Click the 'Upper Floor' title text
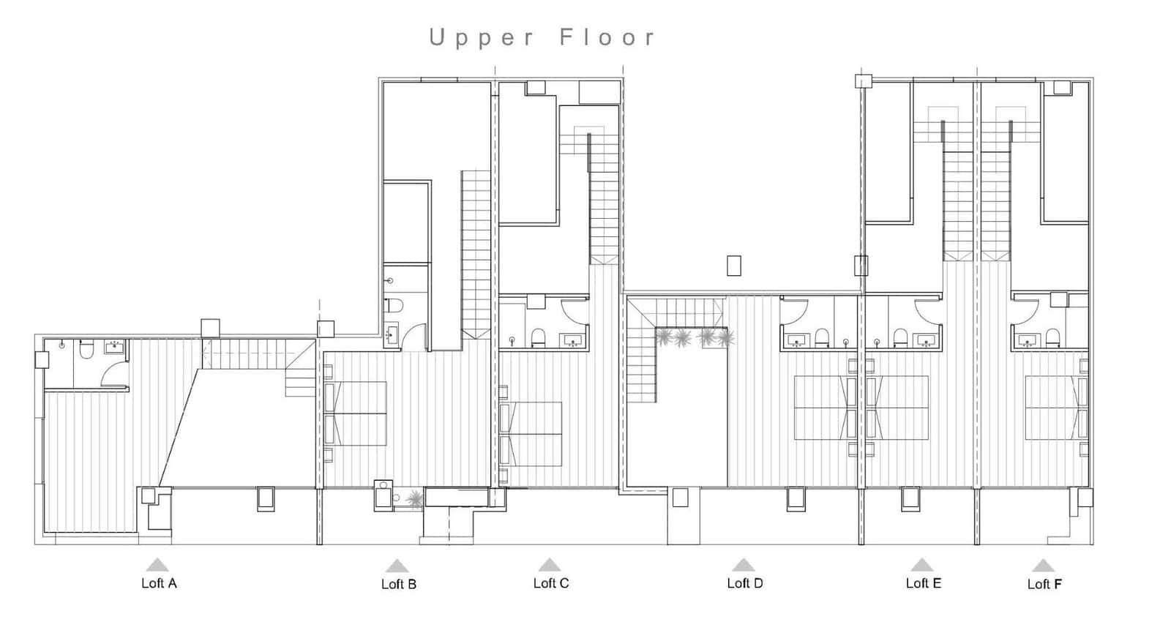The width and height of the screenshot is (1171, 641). pos(542,37)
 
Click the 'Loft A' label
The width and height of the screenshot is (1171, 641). pos(159,583)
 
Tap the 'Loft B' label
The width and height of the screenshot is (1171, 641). pos(399,584)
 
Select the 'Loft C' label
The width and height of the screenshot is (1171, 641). pos(551,583)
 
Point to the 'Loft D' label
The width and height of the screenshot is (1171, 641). pos(745,583)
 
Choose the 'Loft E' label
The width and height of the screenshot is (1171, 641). pos(924,583)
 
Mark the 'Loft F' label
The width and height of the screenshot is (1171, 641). pos(1044,584)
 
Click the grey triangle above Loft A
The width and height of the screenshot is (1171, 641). pos(157,564)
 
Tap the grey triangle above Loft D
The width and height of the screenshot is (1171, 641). pos(743,564)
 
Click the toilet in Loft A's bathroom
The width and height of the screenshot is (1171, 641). pos(86,351)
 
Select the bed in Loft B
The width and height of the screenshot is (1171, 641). pos(356,413)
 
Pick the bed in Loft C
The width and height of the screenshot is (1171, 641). pos(531,434)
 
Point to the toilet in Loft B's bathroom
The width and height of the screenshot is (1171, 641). pos(394,306)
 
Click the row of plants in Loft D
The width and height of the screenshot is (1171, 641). pos(694,338)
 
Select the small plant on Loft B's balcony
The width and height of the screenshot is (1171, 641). pos(415,499)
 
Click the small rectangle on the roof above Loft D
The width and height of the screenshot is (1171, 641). pos(734,266)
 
